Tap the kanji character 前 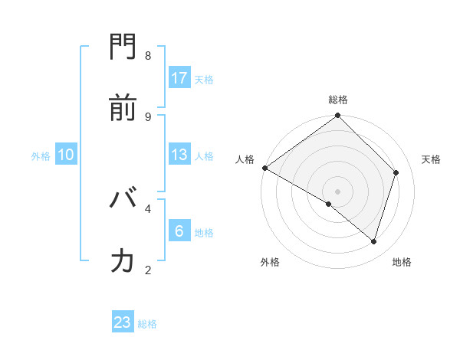(123, 108)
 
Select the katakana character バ (123, 200)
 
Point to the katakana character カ (123, 260)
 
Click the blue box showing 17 (179, 78)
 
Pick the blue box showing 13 (179, 155)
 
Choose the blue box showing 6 (179, 231)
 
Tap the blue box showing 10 (66, 155)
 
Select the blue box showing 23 (123, 322)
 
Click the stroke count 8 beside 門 (148, 56)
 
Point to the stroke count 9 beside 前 (148, 116)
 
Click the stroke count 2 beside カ (148, 270)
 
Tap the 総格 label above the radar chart (338, 100)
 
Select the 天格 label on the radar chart (431, 159)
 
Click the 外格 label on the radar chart (270, 262)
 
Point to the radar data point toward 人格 (264, 168)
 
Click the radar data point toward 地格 (374, 242)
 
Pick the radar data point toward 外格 (329, 205)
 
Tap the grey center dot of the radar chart (338, 191)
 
